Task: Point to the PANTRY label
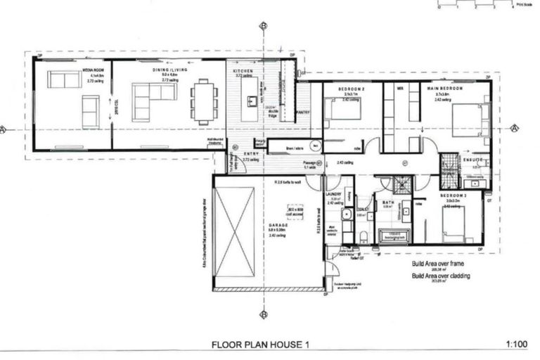[304, 112]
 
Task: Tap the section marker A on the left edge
[5, 129]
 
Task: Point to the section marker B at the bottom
[263, 314]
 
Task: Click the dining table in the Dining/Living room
[203, 102]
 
